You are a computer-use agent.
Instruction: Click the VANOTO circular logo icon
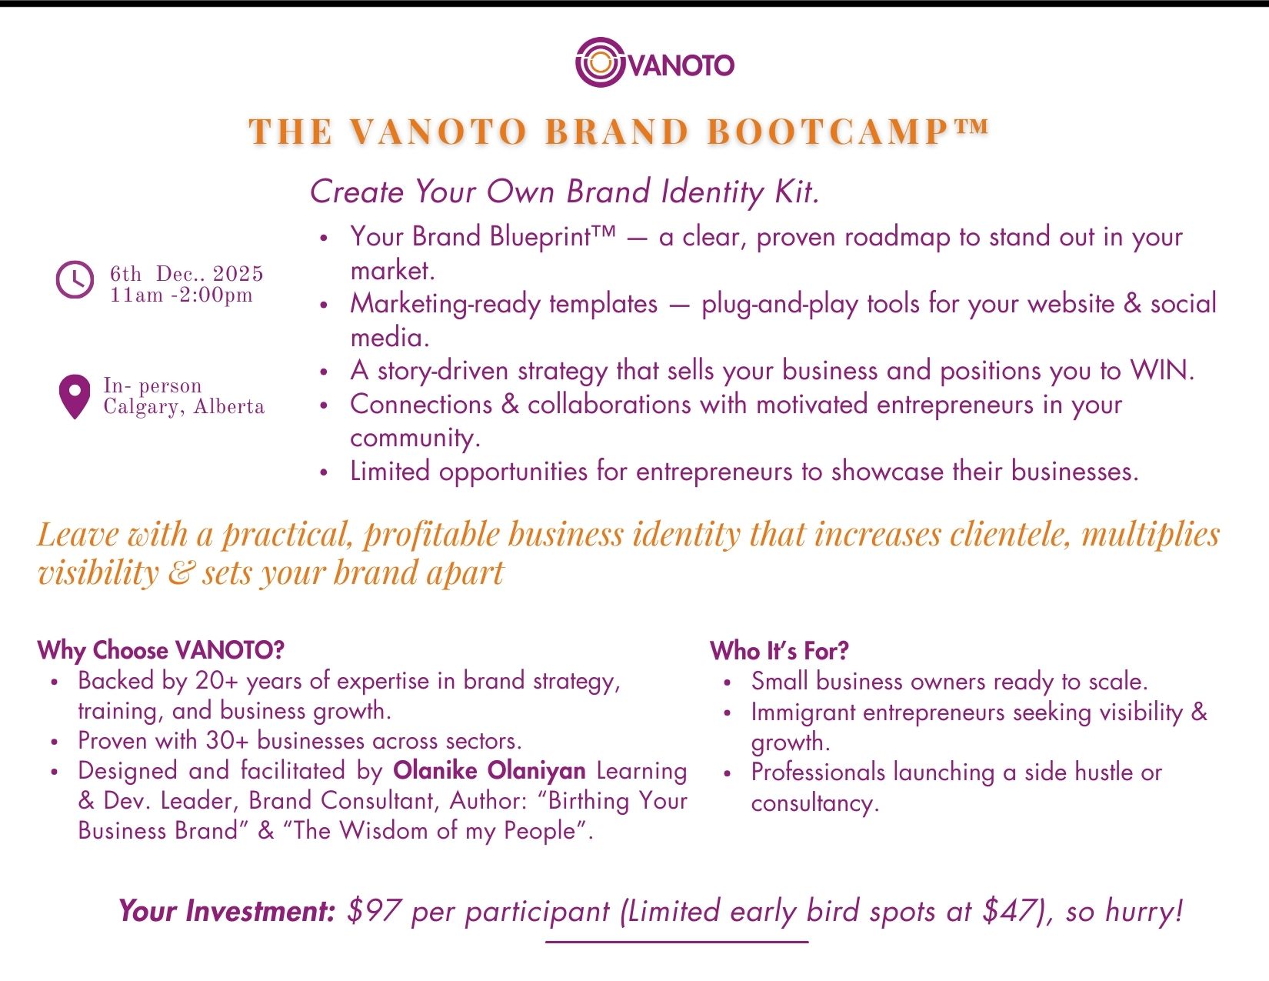600,62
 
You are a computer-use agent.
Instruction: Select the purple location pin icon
75,395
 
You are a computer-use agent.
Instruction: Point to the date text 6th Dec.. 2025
186,274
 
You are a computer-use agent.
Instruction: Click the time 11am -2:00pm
181,295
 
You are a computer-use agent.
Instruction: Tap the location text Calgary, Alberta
184,407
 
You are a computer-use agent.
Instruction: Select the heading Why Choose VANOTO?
161,650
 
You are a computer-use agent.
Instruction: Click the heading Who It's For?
779,651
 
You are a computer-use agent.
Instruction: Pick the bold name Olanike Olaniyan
489,770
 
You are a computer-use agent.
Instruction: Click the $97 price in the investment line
374,911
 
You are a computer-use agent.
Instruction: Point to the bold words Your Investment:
227,911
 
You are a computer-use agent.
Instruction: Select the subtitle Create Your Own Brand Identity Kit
565,192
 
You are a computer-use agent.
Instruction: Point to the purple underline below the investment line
677,941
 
